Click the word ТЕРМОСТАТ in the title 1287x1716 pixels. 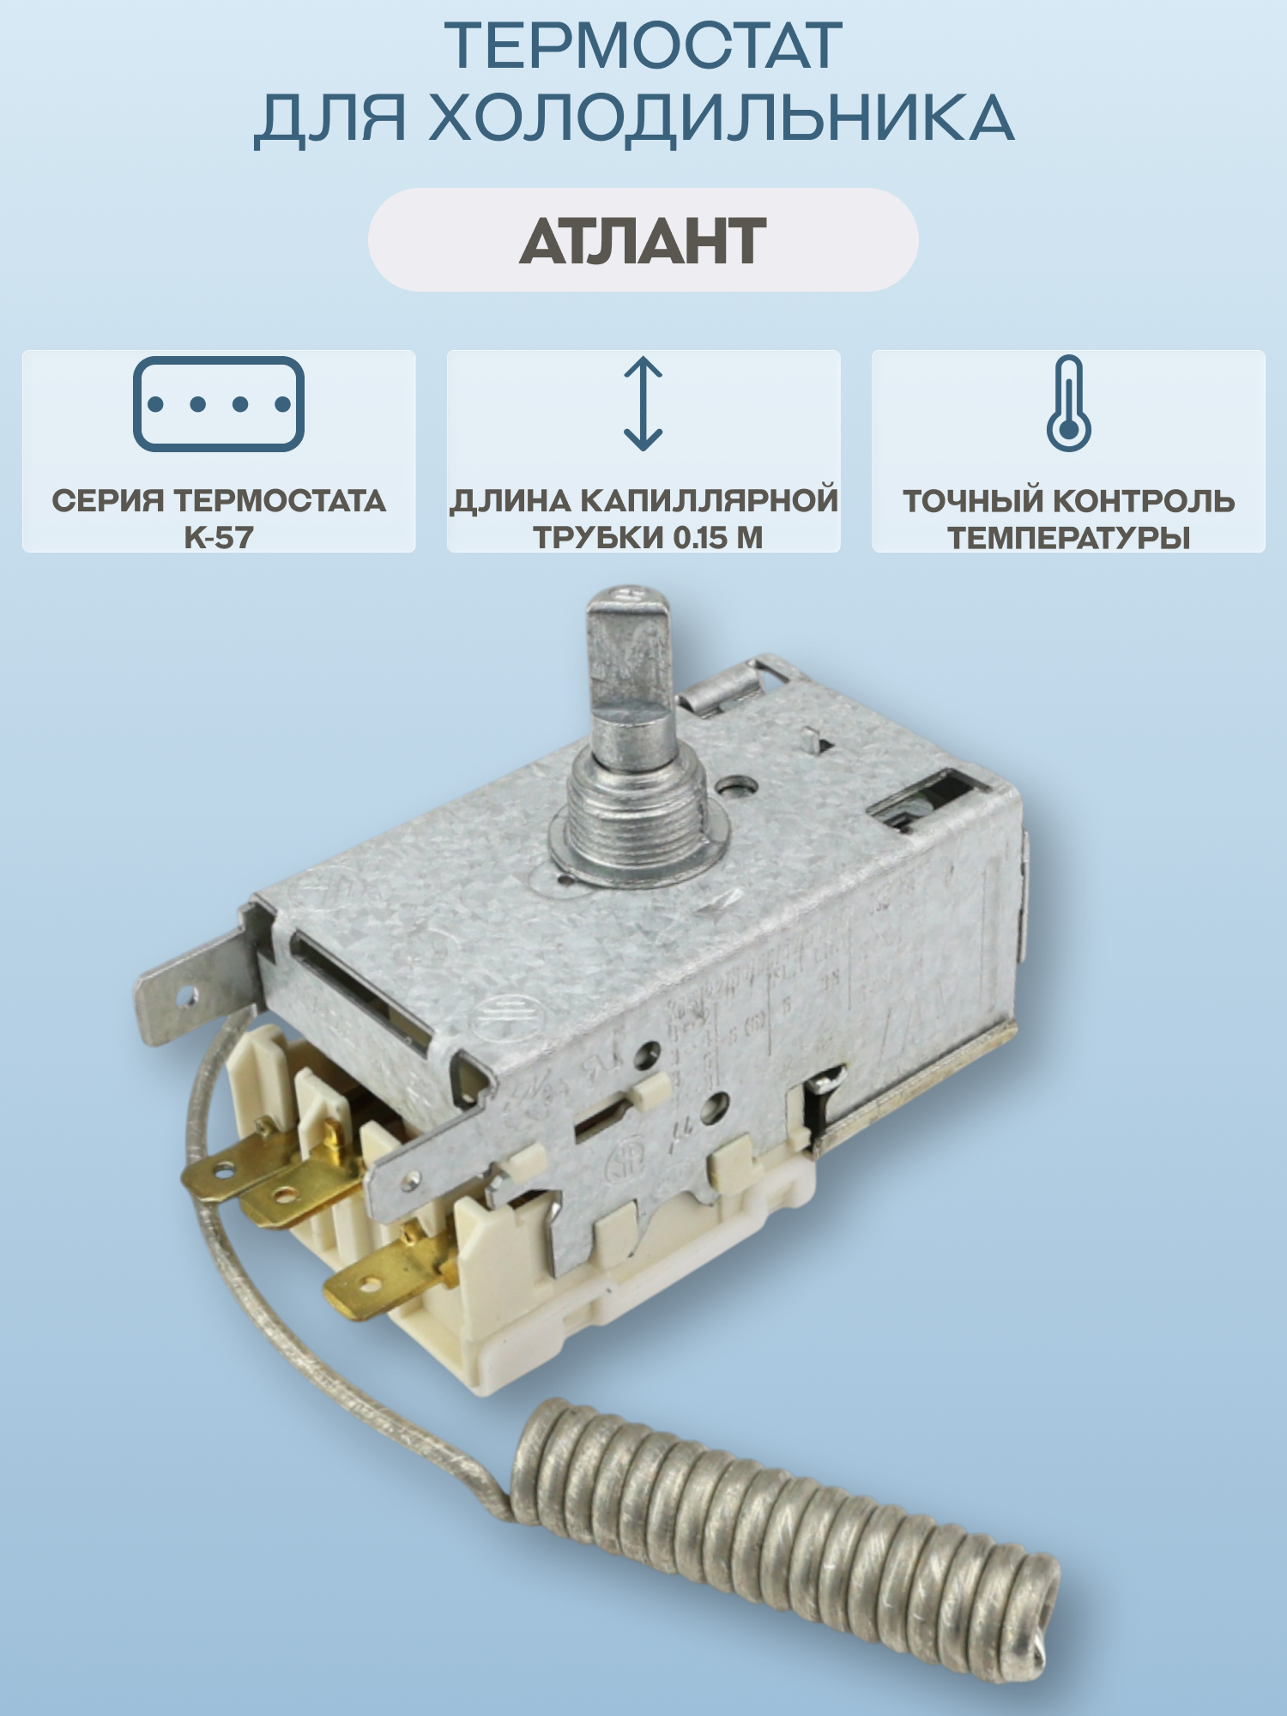643,46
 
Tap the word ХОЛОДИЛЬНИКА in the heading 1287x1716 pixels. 721,118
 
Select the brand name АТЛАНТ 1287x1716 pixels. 643,241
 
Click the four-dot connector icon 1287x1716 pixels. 219,404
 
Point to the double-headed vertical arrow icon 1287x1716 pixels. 643,403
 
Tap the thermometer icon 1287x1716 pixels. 1068,403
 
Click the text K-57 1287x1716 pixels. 219,538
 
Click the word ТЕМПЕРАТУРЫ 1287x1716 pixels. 1068,538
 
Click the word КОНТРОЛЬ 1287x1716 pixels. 1145,501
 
